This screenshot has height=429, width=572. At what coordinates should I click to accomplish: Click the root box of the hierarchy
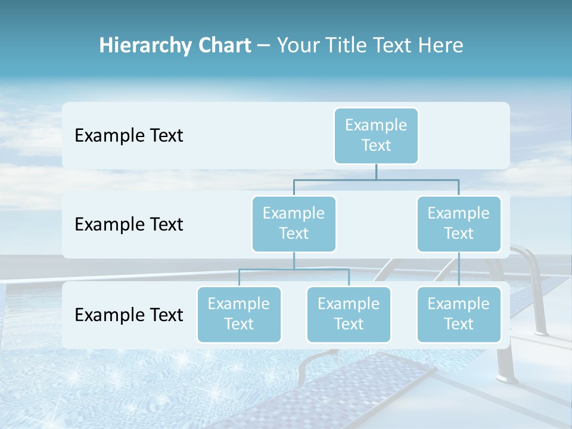tap(376, 135)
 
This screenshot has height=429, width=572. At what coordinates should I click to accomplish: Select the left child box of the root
tap(294, 223)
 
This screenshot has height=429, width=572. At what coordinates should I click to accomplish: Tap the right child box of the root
tap(458, 223)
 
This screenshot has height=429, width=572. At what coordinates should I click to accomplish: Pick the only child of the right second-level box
tap(458, 314)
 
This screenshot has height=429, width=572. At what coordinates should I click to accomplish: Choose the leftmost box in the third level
tap(239, 314)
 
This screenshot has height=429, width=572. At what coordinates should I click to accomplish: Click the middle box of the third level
tap(349, 314)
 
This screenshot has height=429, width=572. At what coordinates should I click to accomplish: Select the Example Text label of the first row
tap(129, 135)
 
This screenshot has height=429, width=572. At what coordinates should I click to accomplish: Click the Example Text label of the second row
tap(129, 224)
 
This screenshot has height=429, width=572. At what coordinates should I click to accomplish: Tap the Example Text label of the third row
tap(129, 314)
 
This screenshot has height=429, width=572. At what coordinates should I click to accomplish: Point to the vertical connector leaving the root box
tap(376, 172)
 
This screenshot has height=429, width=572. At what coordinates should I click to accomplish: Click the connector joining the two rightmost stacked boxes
tap(459, 269)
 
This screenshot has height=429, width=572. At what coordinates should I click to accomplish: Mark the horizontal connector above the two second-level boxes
tap(376, 179)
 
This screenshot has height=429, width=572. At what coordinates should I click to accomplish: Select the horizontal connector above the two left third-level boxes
tap(294, 269)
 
